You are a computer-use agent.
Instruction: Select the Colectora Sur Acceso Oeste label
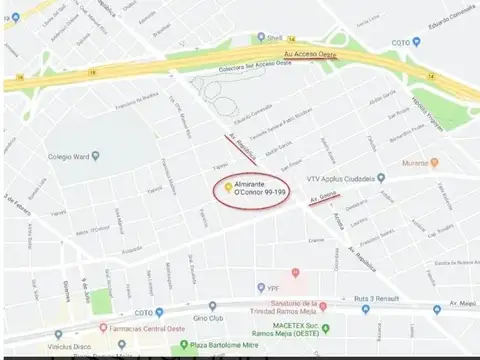point(256,69)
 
